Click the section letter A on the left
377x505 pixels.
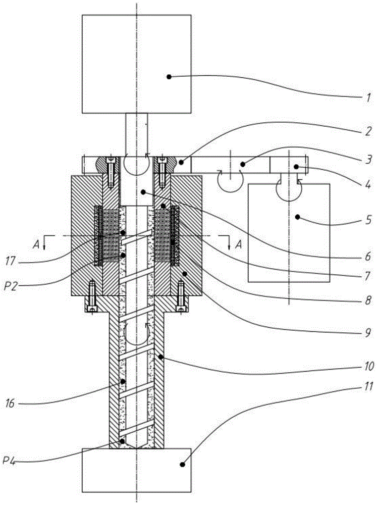click(34, 245)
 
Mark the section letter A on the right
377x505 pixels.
click(239, 245)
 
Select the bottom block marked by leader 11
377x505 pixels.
click(136, 470)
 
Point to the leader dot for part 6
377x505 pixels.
click(144, 192)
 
